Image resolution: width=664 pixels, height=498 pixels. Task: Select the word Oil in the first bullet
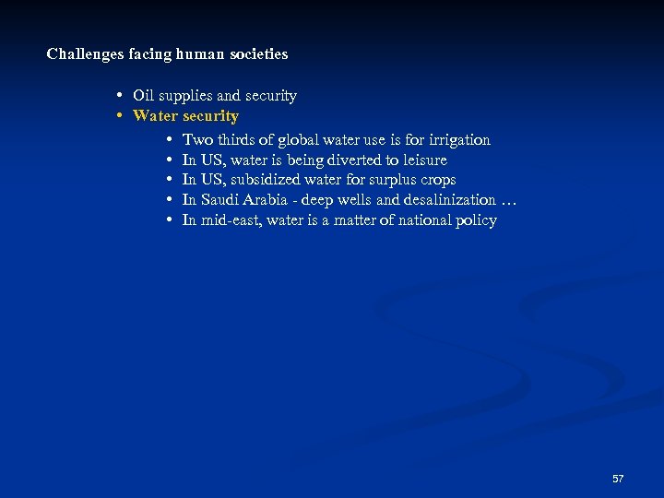coord(143,96)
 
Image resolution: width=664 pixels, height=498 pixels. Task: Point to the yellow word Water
coord(156,116)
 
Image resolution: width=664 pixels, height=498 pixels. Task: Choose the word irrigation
coord(459,140)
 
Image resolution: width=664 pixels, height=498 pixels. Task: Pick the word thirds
coord(242,140)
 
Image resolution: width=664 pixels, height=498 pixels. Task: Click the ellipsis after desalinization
coord(508,200)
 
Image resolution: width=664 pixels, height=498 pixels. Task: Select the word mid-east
coord(230,220)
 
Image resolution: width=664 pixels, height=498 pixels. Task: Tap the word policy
coord(476,220)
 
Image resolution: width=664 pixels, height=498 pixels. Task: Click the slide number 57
coord(618,479)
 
